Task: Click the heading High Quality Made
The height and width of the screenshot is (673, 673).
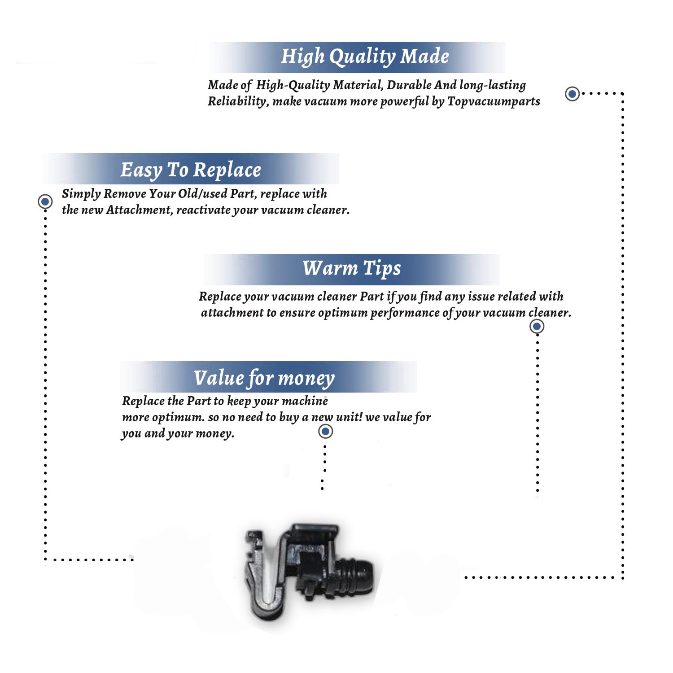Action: click(x=365, y=57)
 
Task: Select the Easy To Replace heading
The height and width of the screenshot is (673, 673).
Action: click(x=191, y=170)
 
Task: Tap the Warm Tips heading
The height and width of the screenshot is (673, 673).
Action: click(x=351, y=268)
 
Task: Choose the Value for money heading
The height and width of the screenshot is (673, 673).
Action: click(x=264, y=378)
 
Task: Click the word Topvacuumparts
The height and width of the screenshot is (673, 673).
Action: click(x=494, y=101)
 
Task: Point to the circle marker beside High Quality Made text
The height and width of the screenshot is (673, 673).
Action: click(x=572, y=94)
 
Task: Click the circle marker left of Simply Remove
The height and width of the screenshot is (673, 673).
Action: click(x=45, y=201)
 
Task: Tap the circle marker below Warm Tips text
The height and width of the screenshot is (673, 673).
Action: click(x=537, y=326)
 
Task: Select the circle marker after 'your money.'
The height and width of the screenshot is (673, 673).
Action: click(x=325, y=432)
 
